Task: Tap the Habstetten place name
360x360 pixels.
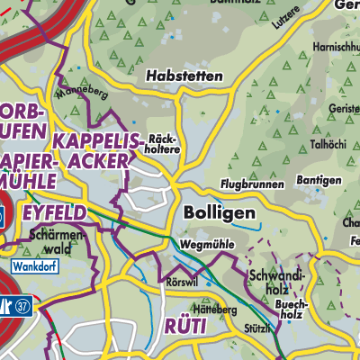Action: (185, 77)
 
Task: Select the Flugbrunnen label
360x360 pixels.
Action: (251, 184)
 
